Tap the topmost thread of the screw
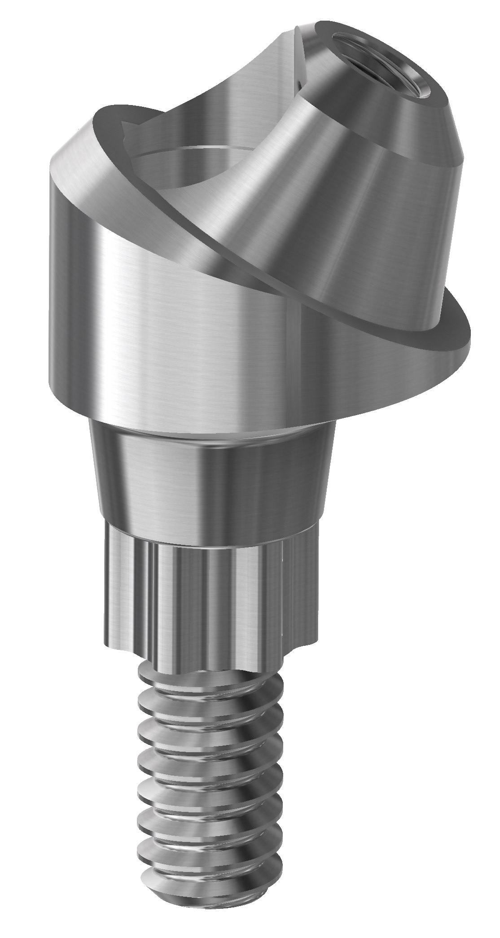206,673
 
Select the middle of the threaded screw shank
211,790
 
